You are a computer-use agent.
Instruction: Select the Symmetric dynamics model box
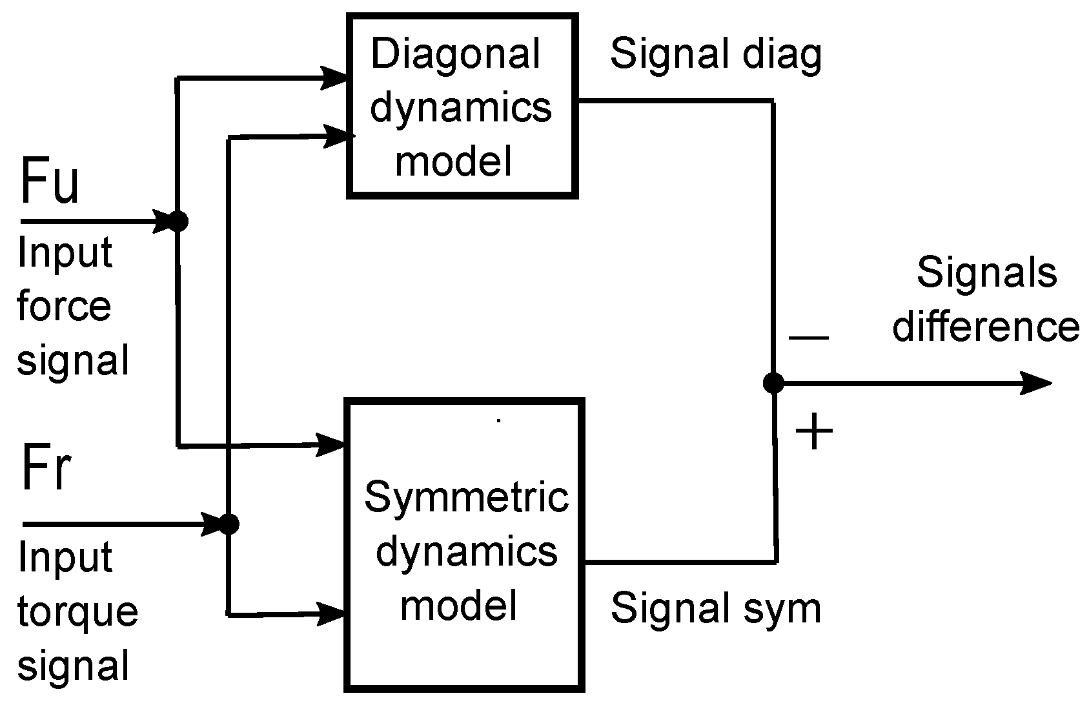(x=465, y=546)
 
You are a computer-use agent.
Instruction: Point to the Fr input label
(x=45, y=468)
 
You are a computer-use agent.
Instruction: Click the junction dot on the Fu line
(x=178, y=221)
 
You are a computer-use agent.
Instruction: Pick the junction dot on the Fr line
(x=229, y=523)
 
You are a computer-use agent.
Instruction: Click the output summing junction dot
(x=773, y=383)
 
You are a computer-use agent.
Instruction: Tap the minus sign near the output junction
(x=808, y=337)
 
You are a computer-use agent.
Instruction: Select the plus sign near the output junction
(x=813, y=431)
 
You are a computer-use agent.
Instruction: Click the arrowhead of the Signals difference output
(x=1036, y=383)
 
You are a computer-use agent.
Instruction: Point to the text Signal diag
(x=715, y=55)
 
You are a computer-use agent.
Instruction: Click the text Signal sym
(x=715, y=608)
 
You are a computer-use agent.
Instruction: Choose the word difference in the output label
(x=986, y=326)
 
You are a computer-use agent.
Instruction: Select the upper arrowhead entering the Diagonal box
(x=334, y=77)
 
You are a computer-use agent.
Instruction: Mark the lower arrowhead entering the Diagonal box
(x=337, y=136)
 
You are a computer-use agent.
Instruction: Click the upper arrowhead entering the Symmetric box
(x=331, y=444)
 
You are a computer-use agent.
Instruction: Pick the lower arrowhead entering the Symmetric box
(x=331, y=613)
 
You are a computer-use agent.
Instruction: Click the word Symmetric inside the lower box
(x=466, y=497)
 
